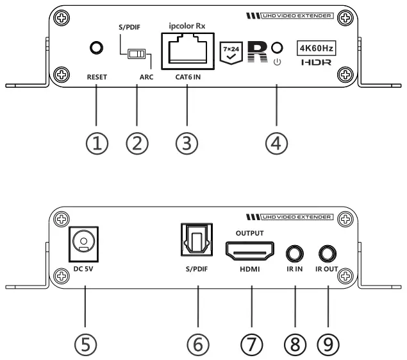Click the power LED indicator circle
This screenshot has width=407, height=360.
278,47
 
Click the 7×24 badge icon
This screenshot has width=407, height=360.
231,49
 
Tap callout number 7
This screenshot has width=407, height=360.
251,343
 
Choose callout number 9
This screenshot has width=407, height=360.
328,343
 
